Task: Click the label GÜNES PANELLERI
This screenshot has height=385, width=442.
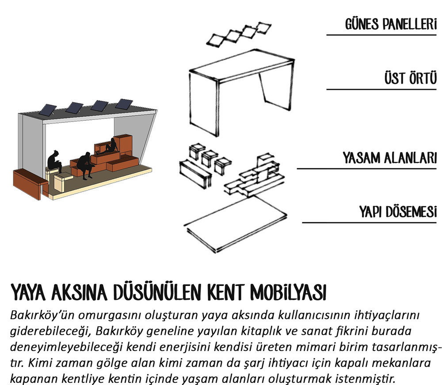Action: pos(391,24)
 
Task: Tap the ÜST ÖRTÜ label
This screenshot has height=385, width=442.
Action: pos(411,78)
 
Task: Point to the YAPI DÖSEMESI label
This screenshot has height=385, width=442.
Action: pos(398,212)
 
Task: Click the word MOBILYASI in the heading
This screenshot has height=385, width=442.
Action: pos(288,292)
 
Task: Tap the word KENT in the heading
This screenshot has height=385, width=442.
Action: pos(225,292)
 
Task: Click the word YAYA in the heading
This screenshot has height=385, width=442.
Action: pos(27,292)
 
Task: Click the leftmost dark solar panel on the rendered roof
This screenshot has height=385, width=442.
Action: pos(48,110)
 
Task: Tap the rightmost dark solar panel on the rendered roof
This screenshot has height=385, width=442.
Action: pos(124,104)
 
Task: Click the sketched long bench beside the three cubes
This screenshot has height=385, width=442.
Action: pos(195,174)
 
